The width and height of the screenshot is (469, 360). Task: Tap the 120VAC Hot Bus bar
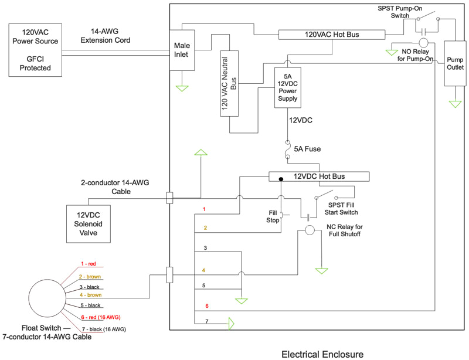click(x=327, y=35)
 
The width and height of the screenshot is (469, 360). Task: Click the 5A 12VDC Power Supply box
click(x=287, y=88)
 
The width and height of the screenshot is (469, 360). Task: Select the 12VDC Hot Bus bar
click(x=319, y=176)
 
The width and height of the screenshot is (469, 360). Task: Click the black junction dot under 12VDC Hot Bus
click(x=281, y=178)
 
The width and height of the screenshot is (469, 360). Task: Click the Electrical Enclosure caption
click(x=322, y=354)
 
